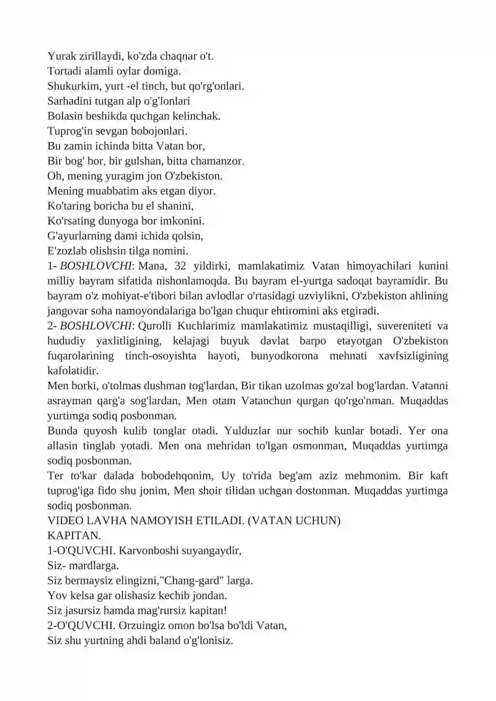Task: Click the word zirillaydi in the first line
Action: (99, 56)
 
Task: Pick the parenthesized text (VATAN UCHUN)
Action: (294, 521)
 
